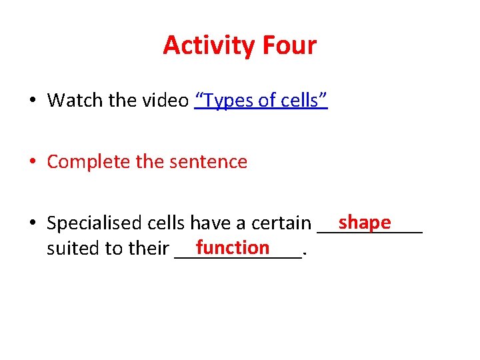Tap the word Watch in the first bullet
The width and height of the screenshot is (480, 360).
click(x=71, y=101)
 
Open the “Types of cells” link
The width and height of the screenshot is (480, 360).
click(x=261, y=101)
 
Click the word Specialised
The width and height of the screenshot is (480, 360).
click(x=94, y=223)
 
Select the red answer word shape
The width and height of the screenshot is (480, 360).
click(x=364, y=221)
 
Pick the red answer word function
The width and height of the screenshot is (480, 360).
click(x=233, y=247)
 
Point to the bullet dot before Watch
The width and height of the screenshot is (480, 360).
click(x=32, y=101)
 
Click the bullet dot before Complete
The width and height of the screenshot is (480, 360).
click(x=32, y=162)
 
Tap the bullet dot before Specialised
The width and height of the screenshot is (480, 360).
click(x=32, y=223)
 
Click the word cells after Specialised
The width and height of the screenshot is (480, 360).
click(x=165, y=223)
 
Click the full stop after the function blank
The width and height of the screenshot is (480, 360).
click(x=305, y=253)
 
